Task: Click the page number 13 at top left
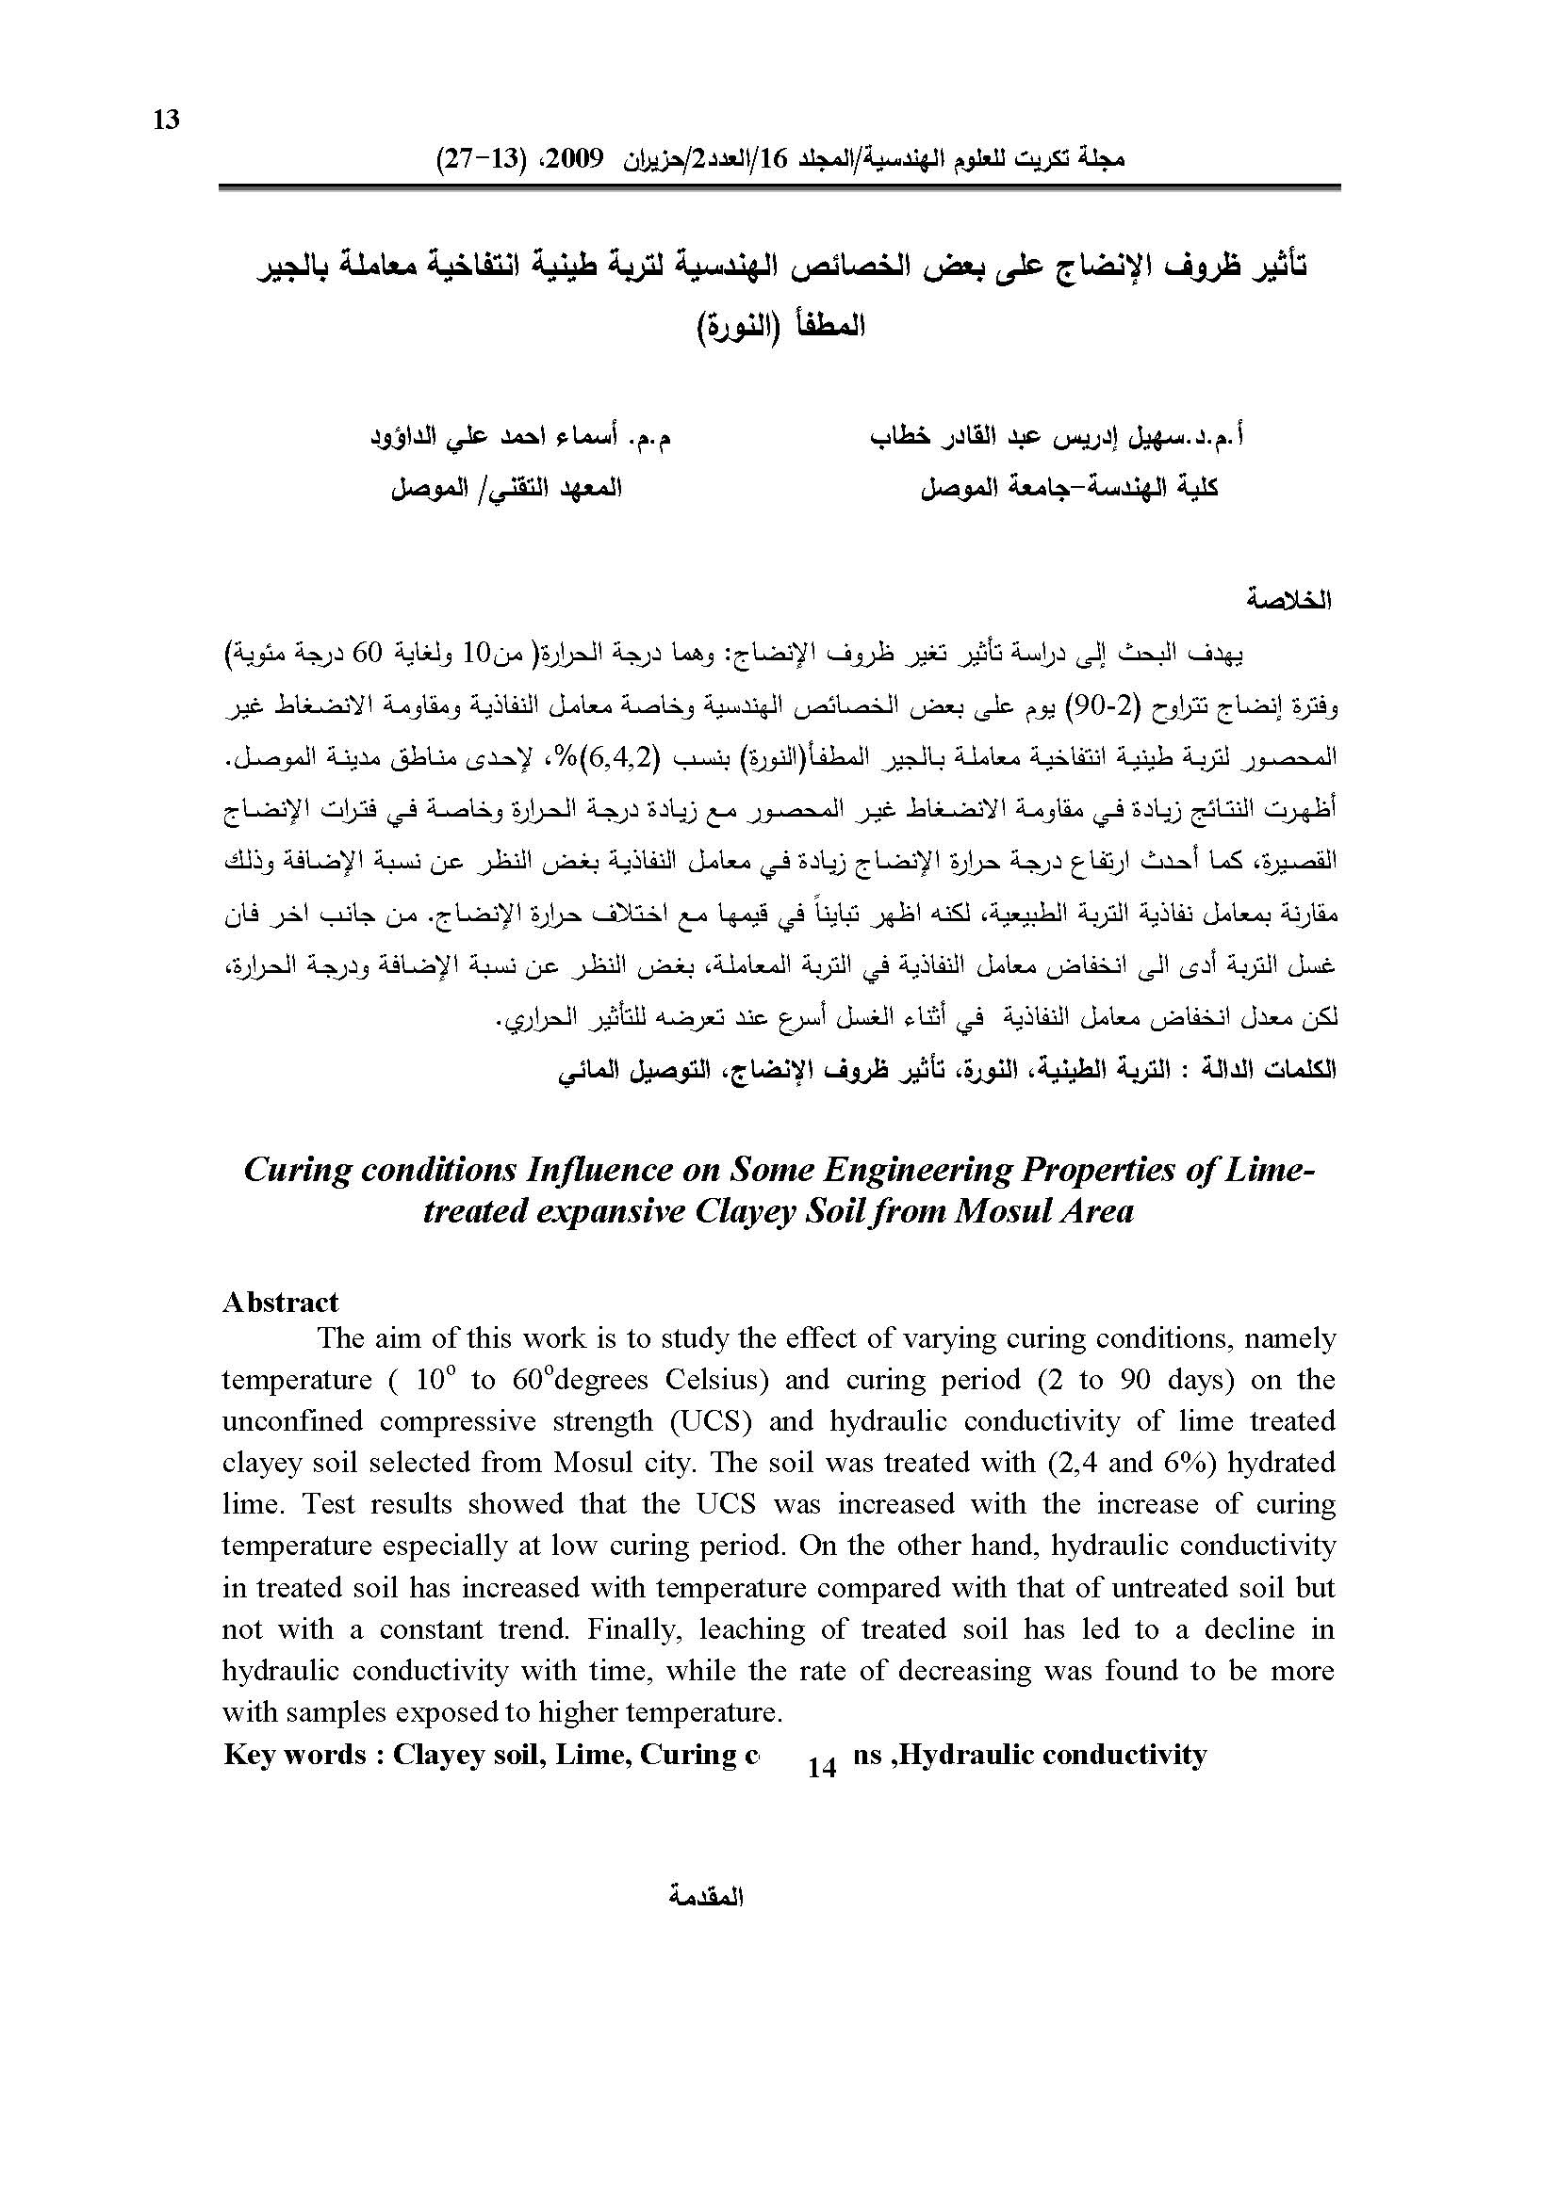(x=166, y=120)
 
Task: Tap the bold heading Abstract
(x=280, y=1302)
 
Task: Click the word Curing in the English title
(x=295, y=1171)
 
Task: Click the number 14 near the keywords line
(x=822, y=1767)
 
